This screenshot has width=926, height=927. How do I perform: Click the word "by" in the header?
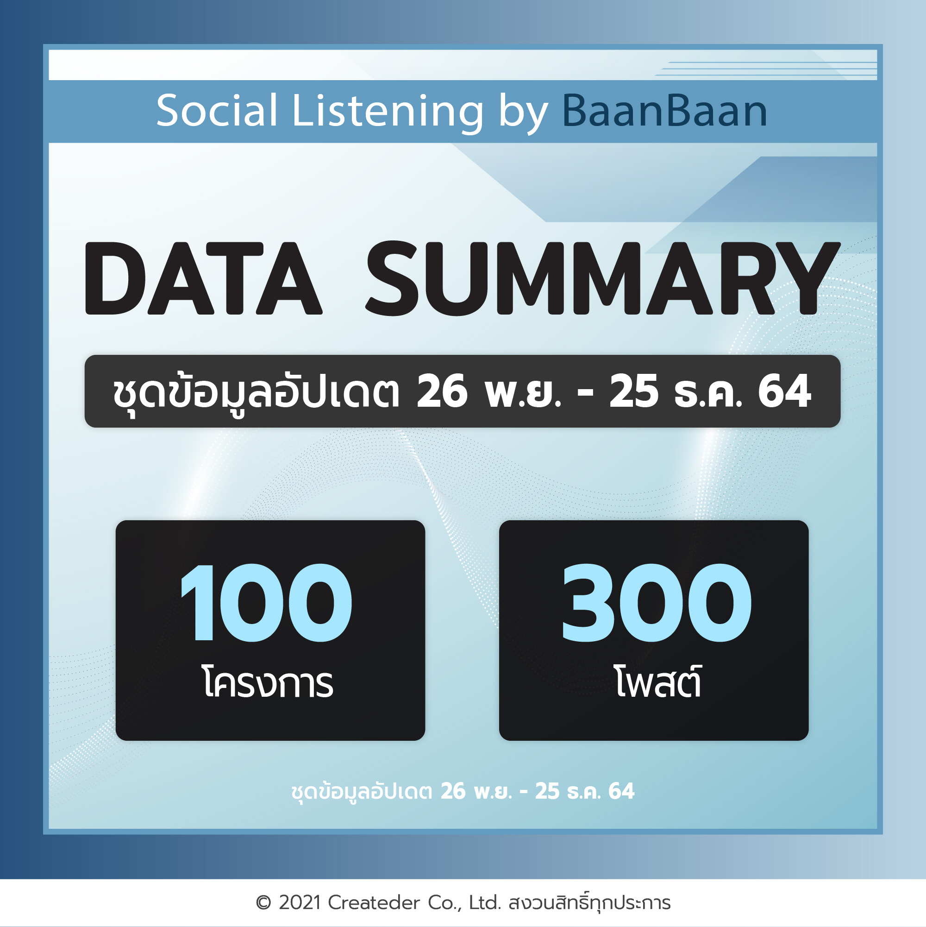(x=523, y=113)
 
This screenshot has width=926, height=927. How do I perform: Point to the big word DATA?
(x=203, y=278)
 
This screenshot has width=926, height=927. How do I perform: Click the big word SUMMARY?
(x=603, y=278)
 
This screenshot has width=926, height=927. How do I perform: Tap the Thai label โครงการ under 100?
(x=268, y=682)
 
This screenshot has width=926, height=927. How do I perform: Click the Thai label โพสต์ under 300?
(x=658, y=681)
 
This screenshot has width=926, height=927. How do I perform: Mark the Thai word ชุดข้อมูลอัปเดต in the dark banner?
(x=256, y=392)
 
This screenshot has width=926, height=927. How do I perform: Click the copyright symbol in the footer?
(x=263, y=903)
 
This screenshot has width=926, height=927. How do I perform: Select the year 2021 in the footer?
(x=300, y=903)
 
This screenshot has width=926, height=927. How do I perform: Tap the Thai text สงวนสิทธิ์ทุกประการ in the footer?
(x=589, y=902)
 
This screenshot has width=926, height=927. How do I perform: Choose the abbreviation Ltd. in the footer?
(x=485, y=903)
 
